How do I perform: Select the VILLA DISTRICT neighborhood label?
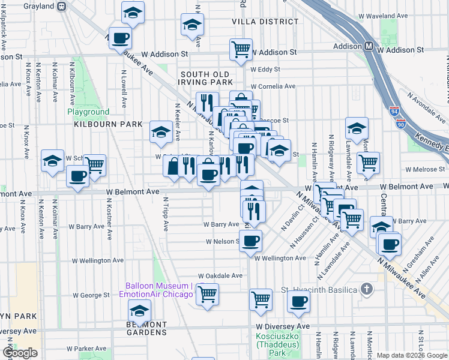click(265, 22)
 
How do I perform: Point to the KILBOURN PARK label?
click(108, 125)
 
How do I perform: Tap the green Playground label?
click(88, 112)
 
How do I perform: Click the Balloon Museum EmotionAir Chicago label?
click(159, 290)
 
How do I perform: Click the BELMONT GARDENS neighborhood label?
click(138, 328)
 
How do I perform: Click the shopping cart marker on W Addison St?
click(241, 49)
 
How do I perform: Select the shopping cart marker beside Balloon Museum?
click(207, 294)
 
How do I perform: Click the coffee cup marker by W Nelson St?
click(251, 241)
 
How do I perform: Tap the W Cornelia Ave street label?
click(273, 86)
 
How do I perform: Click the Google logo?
click(20, 353)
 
